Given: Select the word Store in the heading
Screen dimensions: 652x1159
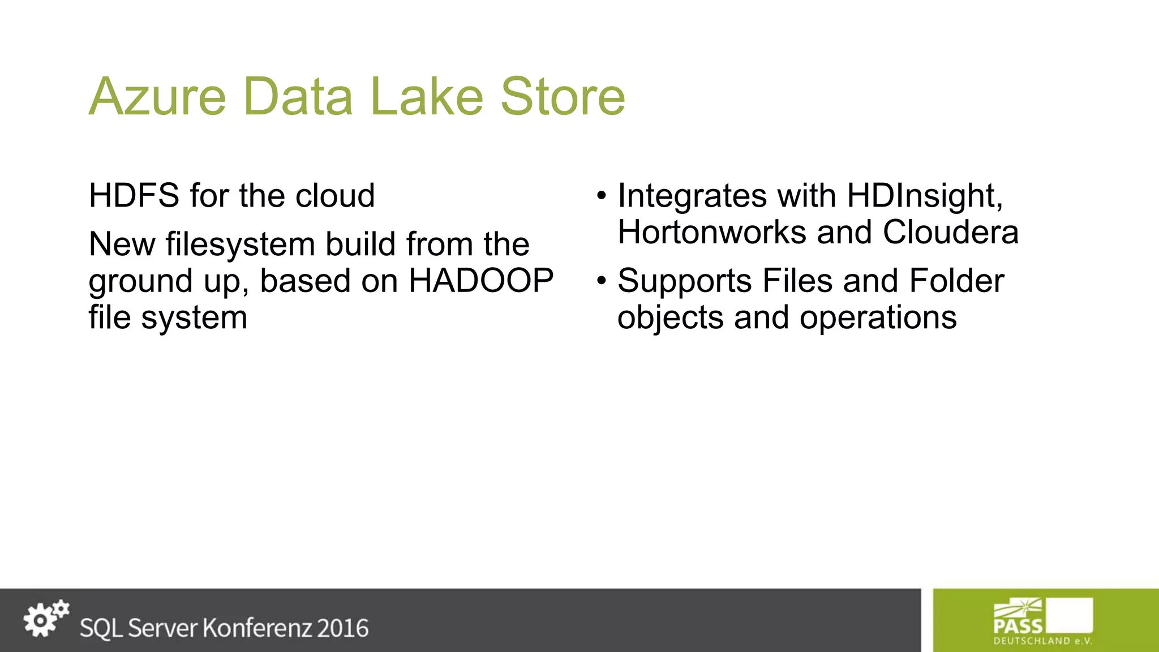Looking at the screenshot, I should click(x=563, y=97).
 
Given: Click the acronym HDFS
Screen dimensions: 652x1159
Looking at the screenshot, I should click(x=134, y=196).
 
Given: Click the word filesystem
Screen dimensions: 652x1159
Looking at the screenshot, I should click(x=240, y=244).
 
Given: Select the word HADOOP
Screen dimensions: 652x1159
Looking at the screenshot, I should click(x=481, y=281).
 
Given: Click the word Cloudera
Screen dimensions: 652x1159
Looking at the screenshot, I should click(x=951, y=232).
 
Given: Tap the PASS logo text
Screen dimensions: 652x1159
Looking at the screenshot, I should click(x=1018, y=626).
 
